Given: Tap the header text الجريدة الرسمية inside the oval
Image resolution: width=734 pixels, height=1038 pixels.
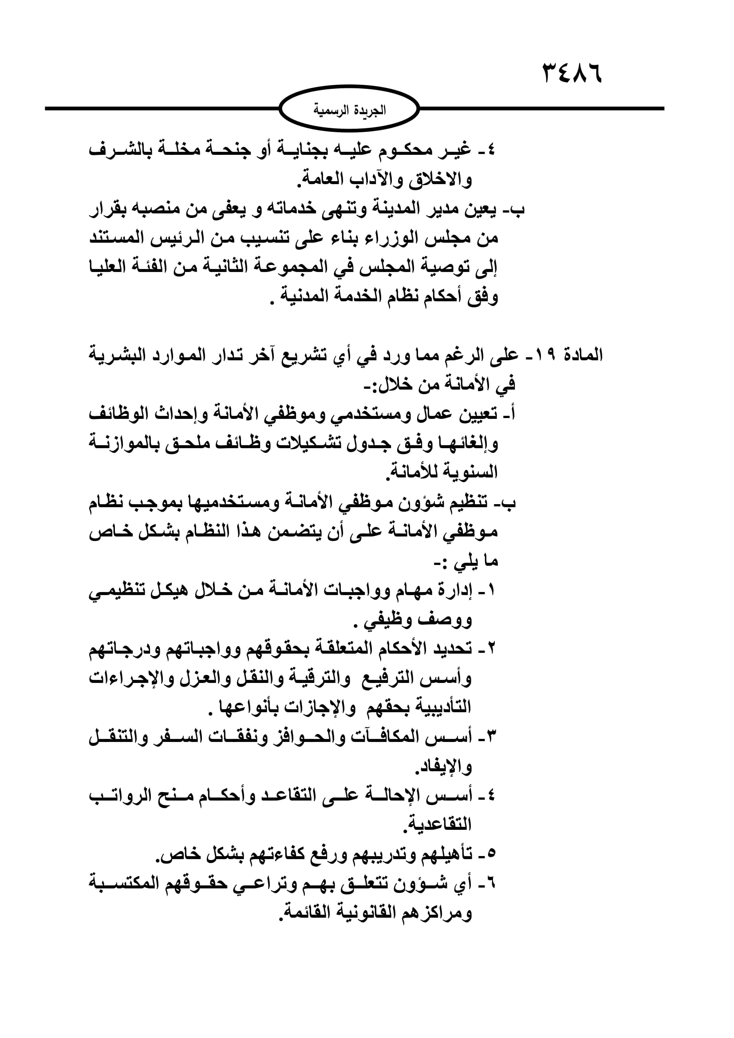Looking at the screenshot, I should pyautogui.click(x=349, y=110).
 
